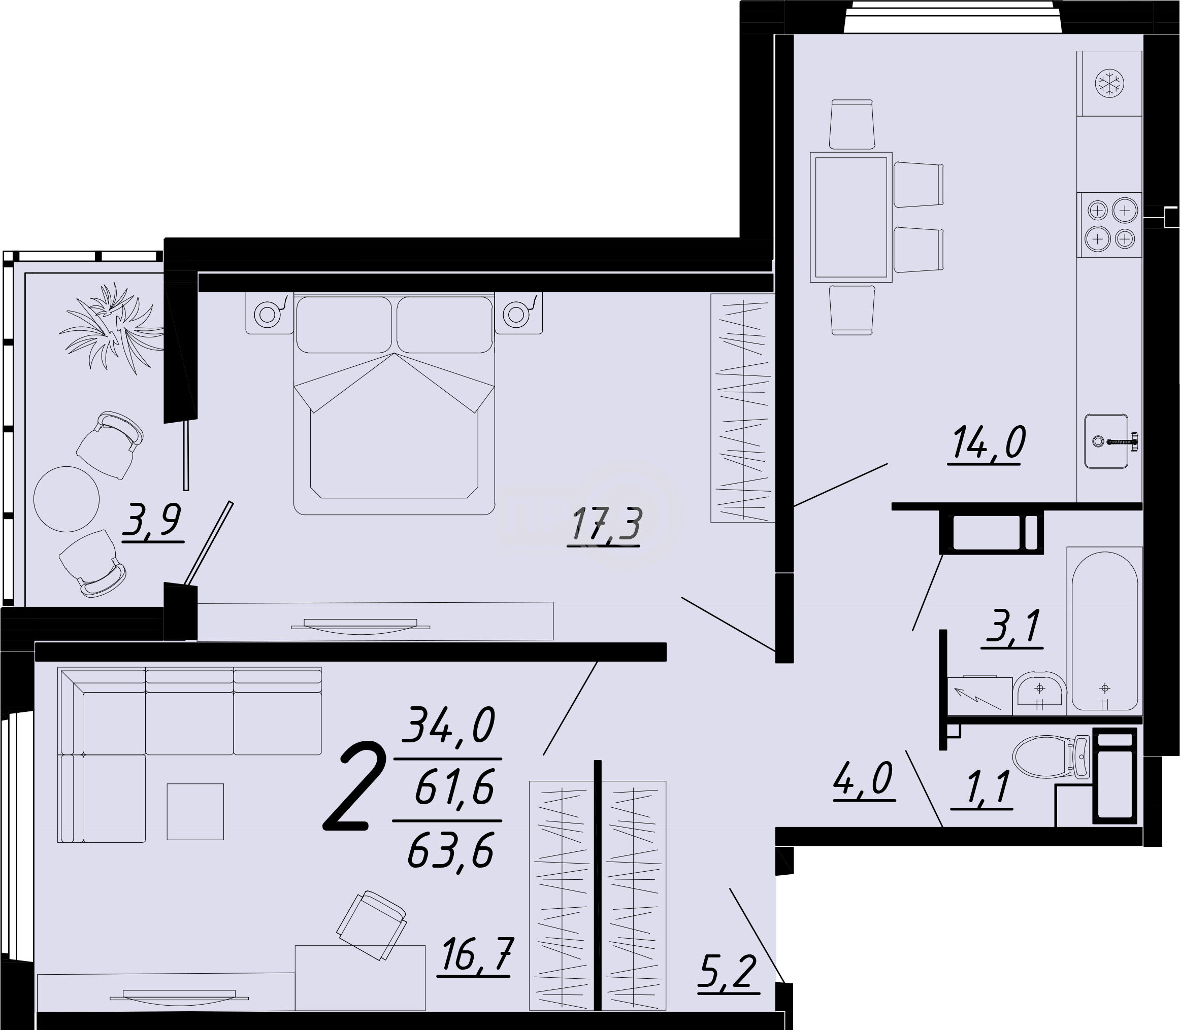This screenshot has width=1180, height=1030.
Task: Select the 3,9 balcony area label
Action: pyautogui.click(x=152, y=520)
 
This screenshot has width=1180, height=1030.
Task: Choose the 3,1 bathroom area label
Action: pyautogui.click(x=1012, y=628)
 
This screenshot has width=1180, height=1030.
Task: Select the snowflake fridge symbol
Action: pyautogui.click(x=1109, y=84)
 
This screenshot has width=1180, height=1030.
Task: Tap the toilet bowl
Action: pyautogui.click(x=1051, y=758)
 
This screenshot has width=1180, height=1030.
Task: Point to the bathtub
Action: pyautogui.click(x=1104, y=631)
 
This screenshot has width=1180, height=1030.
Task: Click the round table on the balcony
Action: pyautogui.click(x=67, y=499)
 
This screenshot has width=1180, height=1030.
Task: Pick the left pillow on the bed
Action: pyautogui.click(x=343, y=325)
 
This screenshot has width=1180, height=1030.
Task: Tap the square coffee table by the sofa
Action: pyautogui.click(x=195, y=812)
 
